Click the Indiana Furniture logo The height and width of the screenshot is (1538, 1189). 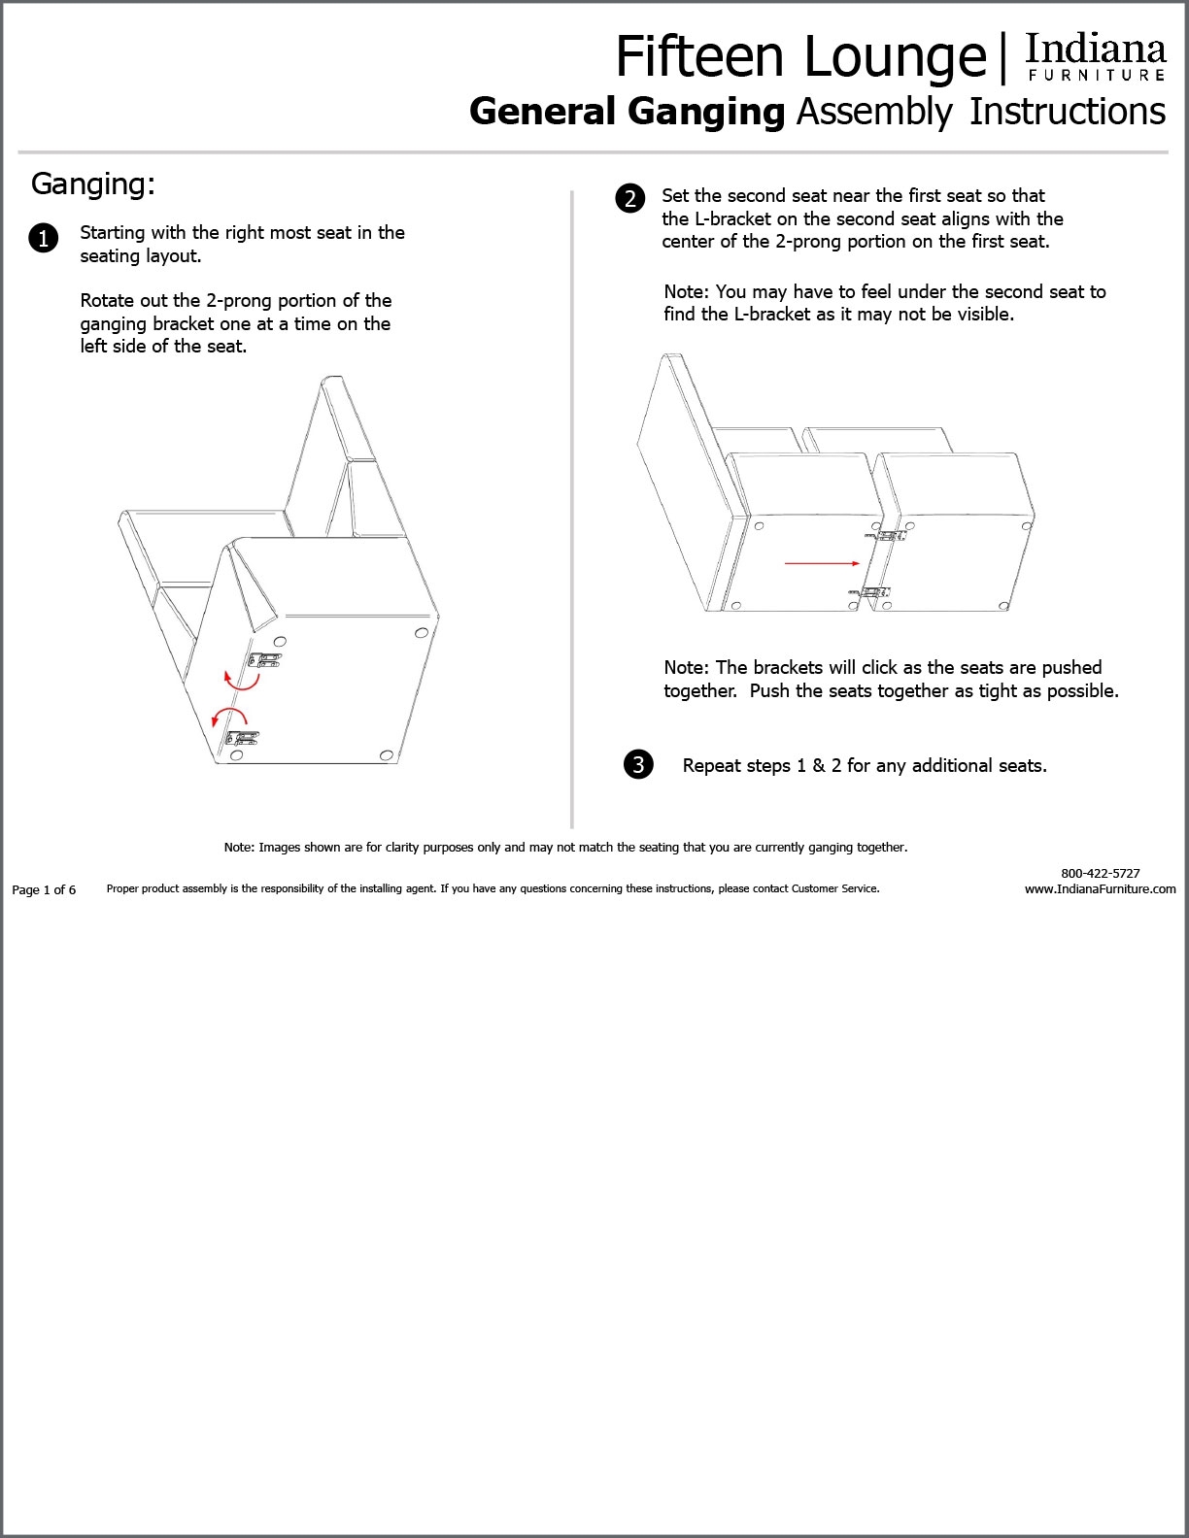[x=1095, y=58]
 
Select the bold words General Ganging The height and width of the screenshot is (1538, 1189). [x=627, y=112]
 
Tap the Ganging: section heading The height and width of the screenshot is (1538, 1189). [x=92, y=184]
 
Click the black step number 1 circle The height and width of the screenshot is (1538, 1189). [x=44, y=238]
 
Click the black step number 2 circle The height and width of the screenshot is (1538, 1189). [x=629, y=198]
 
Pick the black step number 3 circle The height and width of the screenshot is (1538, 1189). [x=638, y=764]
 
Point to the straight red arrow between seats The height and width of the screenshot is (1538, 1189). [x=822, y=562]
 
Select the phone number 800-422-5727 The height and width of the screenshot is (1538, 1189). [x=1100, y=873]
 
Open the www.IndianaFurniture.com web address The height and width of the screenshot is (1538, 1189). [x=1100, y=888]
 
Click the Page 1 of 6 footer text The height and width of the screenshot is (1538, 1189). [x=44, y=889]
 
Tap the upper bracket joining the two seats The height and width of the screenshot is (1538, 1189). [x=889, y=535]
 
